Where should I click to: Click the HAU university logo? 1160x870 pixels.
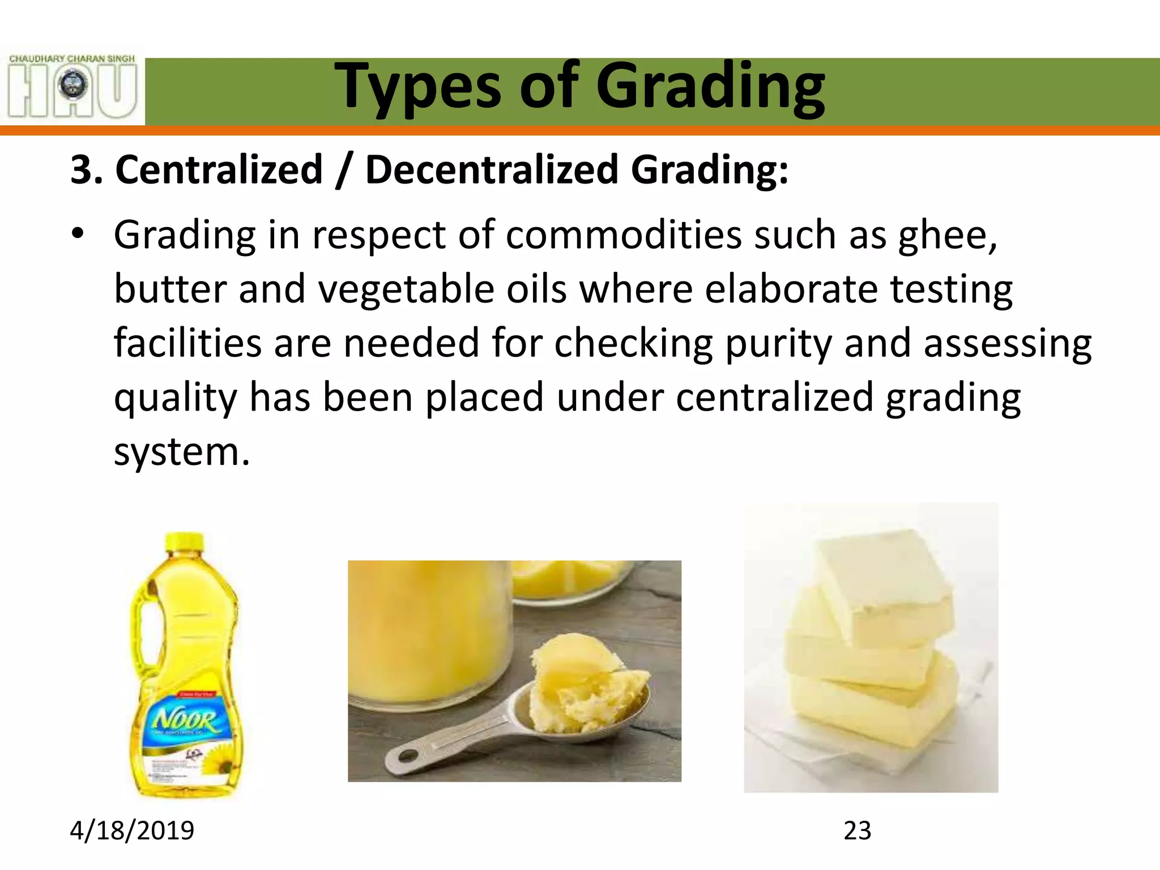pyautogui.click(x=72, y=86)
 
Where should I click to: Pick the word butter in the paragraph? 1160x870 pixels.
pyautogui.click(x=170, y=289)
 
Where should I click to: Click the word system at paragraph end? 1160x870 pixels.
pyautogui.click(x=180, y=453)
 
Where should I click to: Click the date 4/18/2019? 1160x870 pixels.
pyautogui.click(x=132, y=830)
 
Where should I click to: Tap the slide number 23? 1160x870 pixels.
pyautogui.click(x=857, y=830)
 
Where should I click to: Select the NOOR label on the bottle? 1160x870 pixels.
pyautogui.click(x=185, y=720)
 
